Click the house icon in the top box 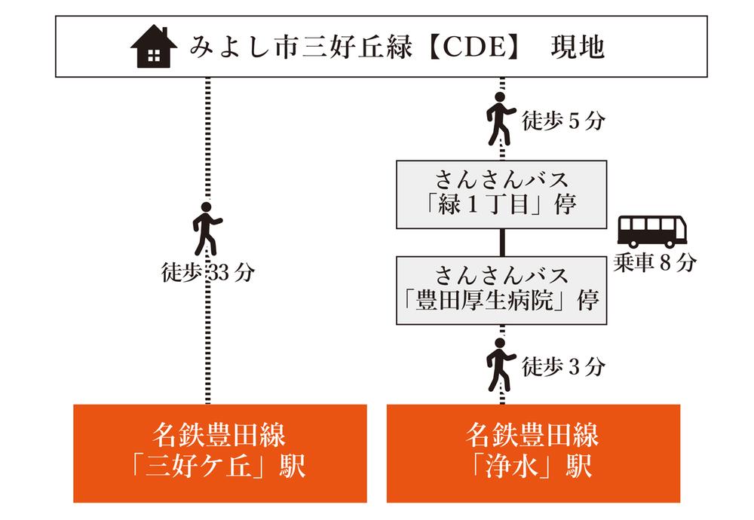click(153, 47)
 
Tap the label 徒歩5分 click(562, 121)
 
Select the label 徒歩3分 click(562, 367)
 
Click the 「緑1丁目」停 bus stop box click(501, 194)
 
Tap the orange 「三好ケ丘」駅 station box click(220, 453)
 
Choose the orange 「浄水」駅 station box click(533, 453)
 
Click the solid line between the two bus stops click(501, 242)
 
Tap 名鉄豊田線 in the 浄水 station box click(533, 436)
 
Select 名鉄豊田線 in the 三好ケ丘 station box click(220, 436)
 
